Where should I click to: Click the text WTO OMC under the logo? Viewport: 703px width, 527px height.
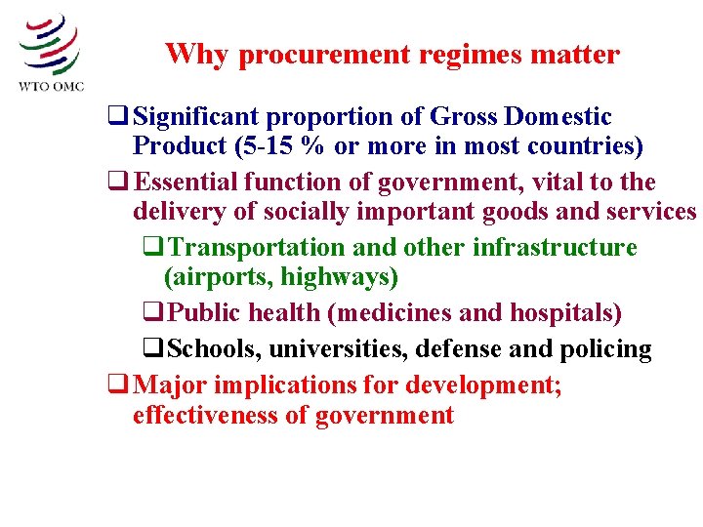click(x=52, y=86)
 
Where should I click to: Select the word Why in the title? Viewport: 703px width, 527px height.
click(x=197, y=54)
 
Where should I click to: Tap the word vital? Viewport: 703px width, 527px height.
click(x=547, y=182)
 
